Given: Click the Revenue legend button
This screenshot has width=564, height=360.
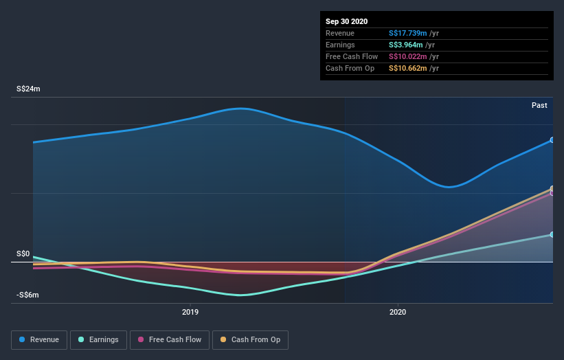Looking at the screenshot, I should click(x=39, y=339).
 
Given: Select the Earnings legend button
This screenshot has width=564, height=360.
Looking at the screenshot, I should click(x=99, y=339).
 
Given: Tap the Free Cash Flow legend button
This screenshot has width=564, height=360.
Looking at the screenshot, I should click(x=170, y=339).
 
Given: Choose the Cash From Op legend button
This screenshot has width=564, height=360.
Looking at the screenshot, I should click(x=250, y=339).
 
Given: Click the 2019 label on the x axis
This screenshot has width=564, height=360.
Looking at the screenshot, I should click(x=190, y=313).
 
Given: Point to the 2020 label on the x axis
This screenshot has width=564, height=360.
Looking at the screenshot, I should click(x=398, y=313).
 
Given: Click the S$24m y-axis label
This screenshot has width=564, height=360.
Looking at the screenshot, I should click(x=29, y=89).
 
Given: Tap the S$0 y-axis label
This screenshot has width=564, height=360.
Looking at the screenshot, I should click(x=23, y=254).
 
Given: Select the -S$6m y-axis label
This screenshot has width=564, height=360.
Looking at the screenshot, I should click(x=28, y=295).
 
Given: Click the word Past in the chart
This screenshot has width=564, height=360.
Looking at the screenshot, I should click(x=539, y=105).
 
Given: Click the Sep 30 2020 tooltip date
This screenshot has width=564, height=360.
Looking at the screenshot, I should click(x=346, y=21).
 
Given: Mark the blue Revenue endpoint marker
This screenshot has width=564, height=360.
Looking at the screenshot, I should click(x=552, y=139).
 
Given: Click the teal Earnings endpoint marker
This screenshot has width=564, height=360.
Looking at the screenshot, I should click(x=552, y=235).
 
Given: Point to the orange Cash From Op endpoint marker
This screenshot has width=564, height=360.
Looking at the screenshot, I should click(x=552, y=188).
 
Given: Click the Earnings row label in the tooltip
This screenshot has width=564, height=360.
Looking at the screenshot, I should click(x=340, y=45).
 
